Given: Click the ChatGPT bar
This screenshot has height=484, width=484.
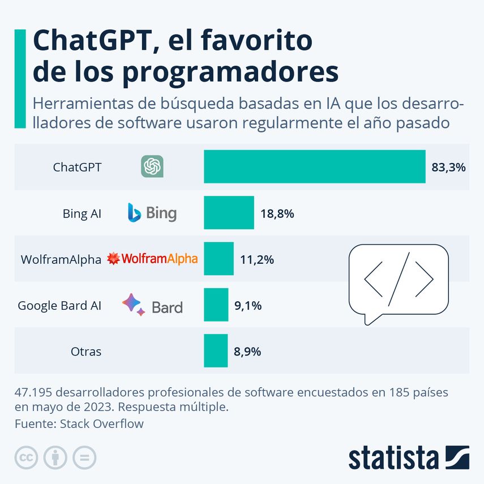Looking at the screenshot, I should [314, 166].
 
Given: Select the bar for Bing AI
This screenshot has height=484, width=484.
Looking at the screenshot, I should [229, 213].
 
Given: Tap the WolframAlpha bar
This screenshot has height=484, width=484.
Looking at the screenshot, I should [219, 259].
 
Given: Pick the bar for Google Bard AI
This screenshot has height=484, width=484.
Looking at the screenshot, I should [216, 305].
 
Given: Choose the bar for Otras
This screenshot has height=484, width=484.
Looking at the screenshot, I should [216, 351].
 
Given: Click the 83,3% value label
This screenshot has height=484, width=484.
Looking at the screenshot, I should [448, 167].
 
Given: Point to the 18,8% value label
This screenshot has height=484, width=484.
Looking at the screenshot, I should [277, 213].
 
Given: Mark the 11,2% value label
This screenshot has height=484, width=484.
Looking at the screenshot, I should [257, 259].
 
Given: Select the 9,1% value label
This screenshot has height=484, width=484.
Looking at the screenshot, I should [247, 306].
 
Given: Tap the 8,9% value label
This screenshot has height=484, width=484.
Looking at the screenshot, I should [247, 352].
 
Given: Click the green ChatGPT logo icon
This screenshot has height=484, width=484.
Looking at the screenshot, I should [152, 166].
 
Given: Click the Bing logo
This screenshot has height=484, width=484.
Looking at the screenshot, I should [152, 213].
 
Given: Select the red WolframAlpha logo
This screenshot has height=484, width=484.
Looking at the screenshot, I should [152, 259].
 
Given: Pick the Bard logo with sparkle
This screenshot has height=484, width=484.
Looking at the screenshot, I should [152, 305].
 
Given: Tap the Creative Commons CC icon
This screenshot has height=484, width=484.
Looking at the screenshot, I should [26, 457].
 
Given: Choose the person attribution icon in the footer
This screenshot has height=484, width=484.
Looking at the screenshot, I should [55, 457].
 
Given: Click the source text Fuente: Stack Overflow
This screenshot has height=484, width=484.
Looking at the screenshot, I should [79, 423].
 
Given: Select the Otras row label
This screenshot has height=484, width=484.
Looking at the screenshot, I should [86, 352].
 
